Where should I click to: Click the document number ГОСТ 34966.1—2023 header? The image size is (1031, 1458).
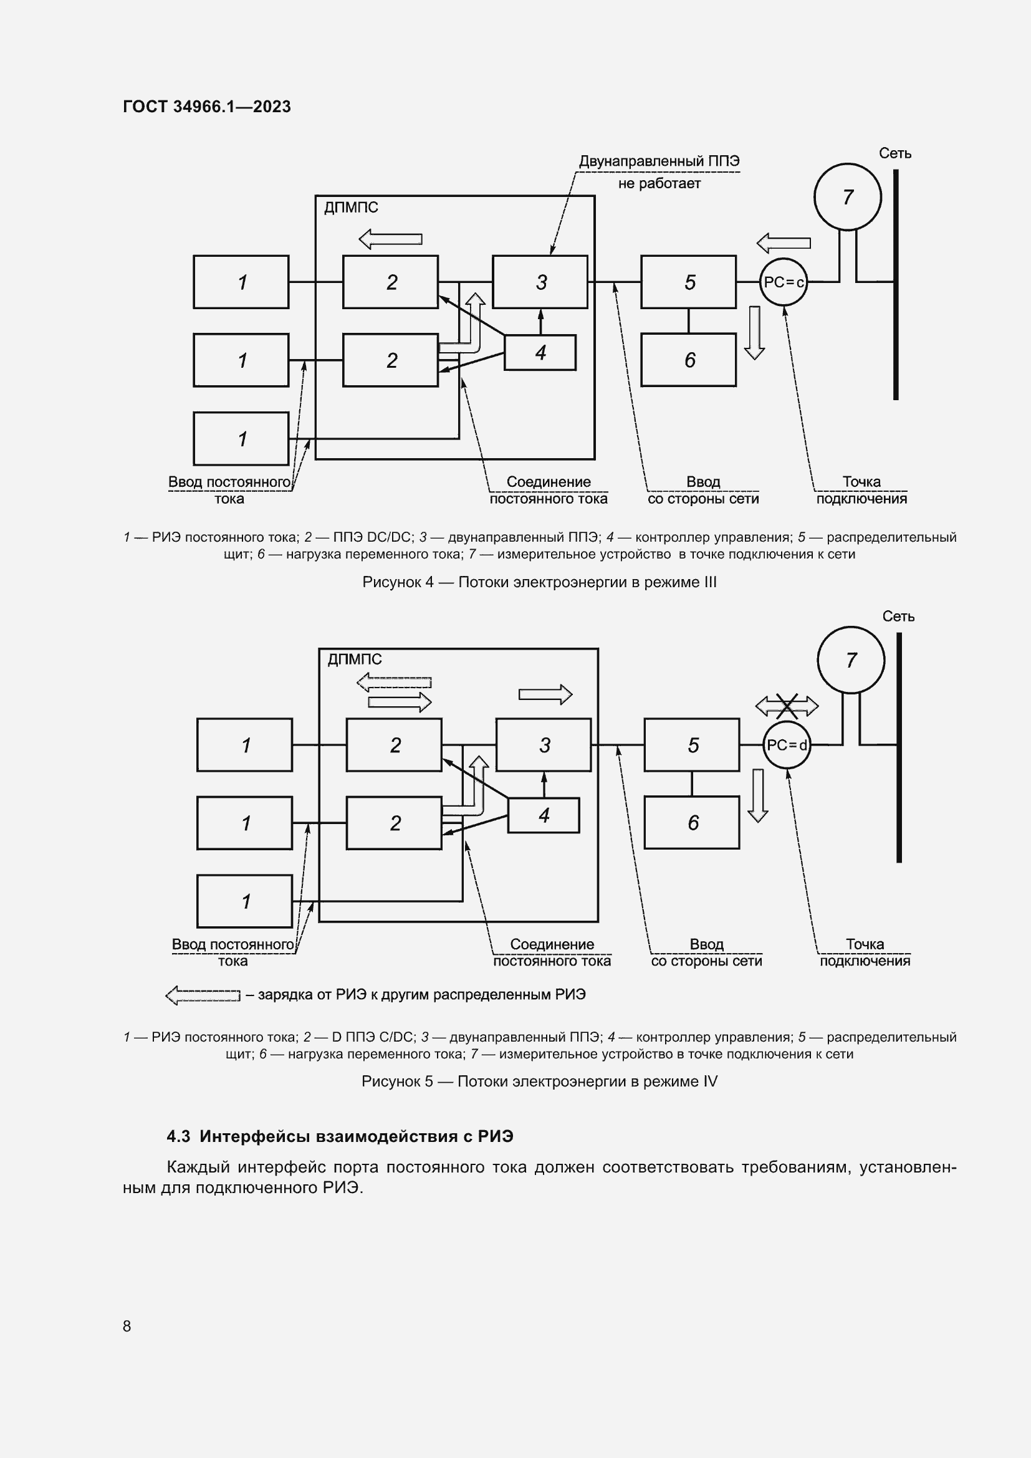[207, 107]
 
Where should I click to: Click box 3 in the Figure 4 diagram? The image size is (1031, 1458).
[540, 282]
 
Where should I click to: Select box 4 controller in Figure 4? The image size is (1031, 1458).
[540, 352]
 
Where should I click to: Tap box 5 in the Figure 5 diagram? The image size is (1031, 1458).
[692, 745]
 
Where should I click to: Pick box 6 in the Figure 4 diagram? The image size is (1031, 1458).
[689, 360]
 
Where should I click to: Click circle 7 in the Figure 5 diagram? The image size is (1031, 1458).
[851, 660]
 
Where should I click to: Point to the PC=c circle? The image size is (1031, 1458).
[784, 282]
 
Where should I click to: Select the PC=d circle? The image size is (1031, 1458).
[787, 745]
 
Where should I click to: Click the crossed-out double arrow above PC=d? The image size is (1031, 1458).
[787, 705]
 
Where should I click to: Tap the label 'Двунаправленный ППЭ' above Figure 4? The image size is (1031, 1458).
[659, 161]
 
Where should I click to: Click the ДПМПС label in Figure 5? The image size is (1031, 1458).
[354, 659]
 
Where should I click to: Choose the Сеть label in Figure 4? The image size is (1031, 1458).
[895, 153]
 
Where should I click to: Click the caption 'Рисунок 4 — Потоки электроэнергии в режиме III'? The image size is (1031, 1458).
[539, 582]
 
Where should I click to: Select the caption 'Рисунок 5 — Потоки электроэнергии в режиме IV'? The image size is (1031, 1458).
[539, 1082]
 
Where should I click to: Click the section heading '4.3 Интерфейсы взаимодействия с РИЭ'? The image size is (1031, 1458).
[340, 1136]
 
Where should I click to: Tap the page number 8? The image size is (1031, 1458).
[127, 1326]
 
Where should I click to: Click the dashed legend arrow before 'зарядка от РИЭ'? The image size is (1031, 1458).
[203, 995]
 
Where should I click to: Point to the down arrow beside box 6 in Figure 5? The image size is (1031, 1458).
[757, 795]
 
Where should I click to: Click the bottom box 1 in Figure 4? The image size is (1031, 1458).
[241, 439]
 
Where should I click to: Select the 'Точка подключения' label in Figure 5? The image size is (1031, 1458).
[865, 952]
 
